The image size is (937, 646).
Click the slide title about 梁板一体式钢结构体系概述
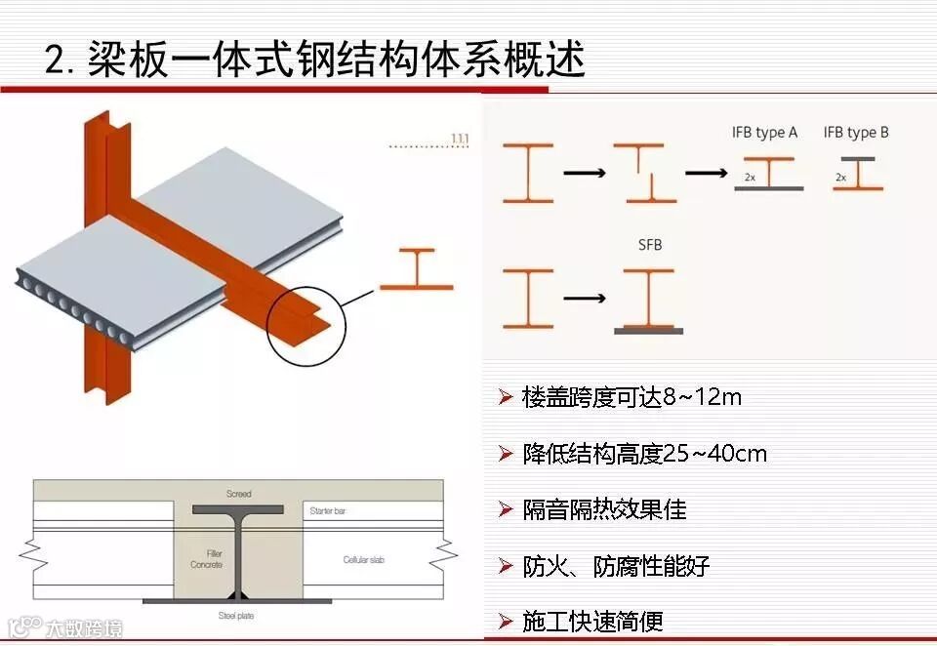[x=315, y=61]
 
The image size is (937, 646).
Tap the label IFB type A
[x=764, y=133]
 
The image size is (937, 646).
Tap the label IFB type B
[x=856, y=133]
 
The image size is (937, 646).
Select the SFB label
[x=649, y=245]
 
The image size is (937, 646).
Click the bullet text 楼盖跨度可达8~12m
[x=631, y=397]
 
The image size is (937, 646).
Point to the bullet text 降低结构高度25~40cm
[x=644, y=454]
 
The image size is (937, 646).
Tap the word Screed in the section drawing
[x=238, y=494]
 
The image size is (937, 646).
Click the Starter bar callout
[x=327, y=511]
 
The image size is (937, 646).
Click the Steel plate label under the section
[x=238, y=616]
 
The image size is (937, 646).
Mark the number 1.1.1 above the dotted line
[x=459, y=139]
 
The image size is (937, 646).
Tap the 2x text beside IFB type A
[x=750, y=178]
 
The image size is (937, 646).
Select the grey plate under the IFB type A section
[x=768, y=188]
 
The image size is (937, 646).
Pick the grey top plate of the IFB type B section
[x=858, y=158]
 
